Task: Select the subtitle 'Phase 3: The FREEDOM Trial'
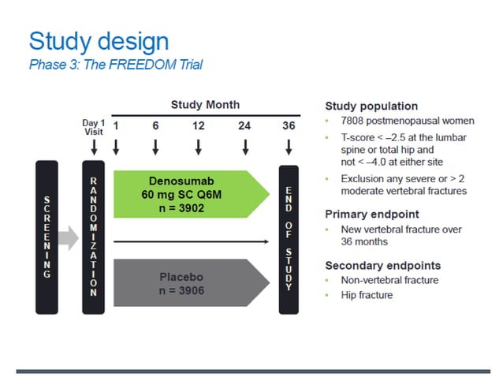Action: pyautogui.click(x=115, y=65)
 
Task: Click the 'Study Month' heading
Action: pyautogui.click(x=205, y=105)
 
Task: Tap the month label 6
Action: pyautogui.click(x=155, y=125)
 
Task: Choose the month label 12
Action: pyautogui.click(x=199, y=125)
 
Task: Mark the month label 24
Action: pyautogui.click(x=245, y=125)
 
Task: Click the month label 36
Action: pyautogui.click(x=289, y=125)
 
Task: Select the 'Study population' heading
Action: pyautogui.click(x=371, y=106)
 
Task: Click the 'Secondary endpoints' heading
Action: pyautogui.click(x=383, y=265)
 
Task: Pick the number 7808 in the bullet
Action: pyautogui.click(x=354, y=122)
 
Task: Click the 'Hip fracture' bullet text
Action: pyautogui.click(x=367, y=295)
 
